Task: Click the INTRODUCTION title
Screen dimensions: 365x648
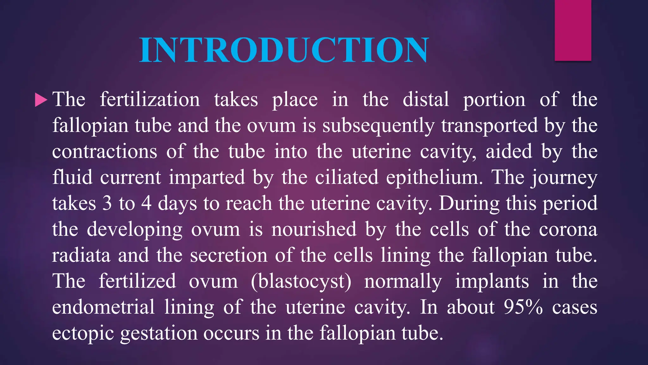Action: click(284, 50)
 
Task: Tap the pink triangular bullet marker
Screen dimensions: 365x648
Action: click(40, 100)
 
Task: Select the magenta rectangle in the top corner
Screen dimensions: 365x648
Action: click(573, 30)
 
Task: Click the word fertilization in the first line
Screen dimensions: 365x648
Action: click(150, 100)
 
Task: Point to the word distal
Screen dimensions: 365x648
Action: click(426, 100)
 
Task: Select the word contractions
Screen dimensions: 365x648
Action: click(104, 152)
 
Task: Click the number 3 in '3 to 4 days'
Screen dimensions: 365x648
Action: click(107, 204)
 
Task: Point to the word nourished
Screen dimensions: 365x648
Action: click(314, 229)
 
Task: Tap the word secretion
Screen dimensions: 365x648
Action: click(228, 255)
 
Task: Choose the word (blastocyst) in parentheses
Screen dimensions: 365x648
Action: click(301, 282)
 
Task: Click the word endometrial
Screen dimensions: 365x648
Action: click(103, 307)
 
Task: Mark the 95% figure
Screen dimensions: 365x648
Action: click(523, 307)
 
